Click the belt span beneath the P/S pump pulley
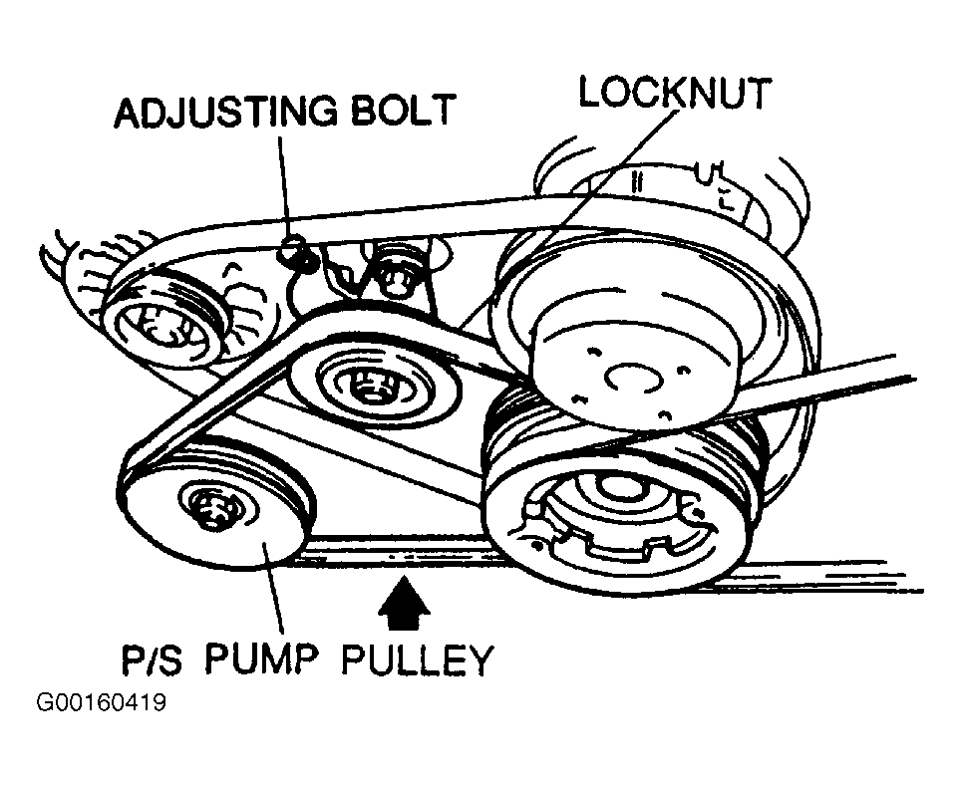[399, 554]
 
